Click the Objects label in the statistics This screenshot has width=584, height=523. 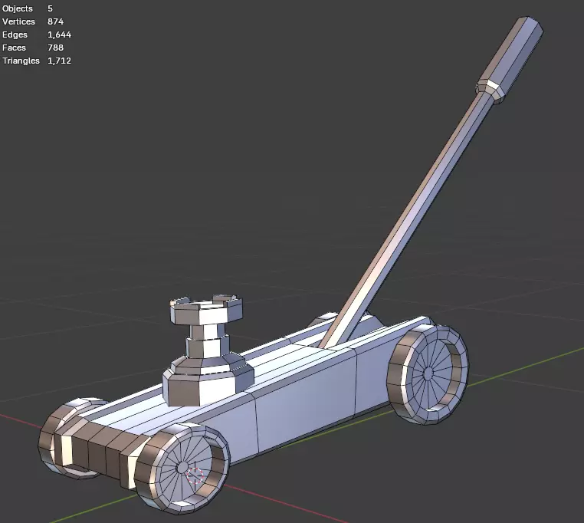pyautogui.click(x=17, y=8)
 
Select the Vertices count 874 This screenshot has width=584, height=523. pyautogui.click(x=55, y=21)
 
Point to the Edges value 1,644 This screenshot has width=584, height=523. pyautogui.click(x=59, y=35)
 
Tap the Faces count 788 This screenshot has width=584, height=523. pyautogui.click(x=55, y=48)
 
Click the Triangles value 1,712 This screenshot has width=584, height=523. pyautogui.click(x=59, y=61)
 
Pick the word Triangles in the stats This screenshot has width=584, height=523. pyautogui.click(x=21, y=61)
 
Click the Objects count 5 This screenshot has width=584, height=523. pyautogui.click(x=50, y=8)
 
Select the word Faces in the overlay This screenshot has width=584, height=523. pyautogui.click(x=14, y=48)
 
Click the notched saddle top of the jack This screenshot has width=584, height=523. pyautogui.click(x=205, y=310)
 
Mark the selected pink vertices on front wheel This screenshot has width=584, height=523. pyautogui.click(x=195, y=476)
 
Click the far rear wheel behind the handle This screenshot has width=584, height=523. pyautogui.click(x=322, y=322)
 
